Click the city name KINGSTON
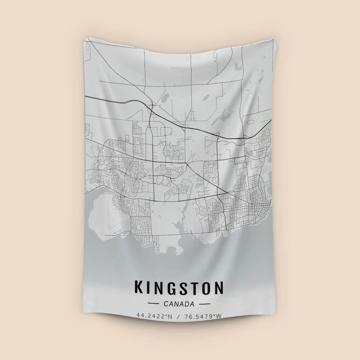(179, 288)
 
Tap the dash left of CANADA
(155, 304)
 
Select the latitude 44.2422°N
(155, 317)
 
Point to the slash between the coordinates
(180, 317)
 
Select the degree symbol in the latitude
(168, 316)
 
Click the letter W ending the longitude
(220, 317)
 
